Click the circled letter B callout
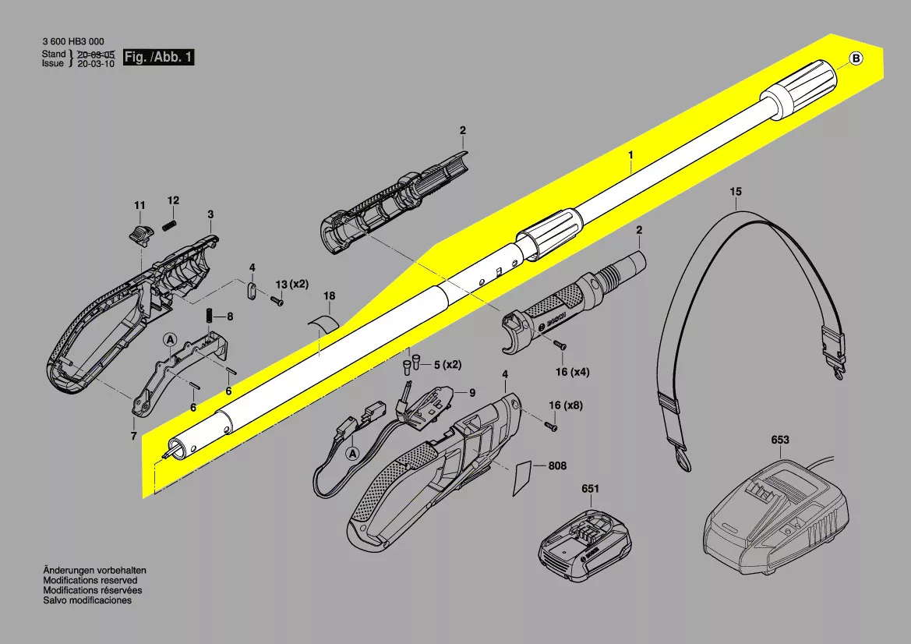[856, 58]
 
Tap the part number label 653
[780, 440]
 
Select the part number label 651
[590, 489]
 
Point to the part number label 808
[557, 465]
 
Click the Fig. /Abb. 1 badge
[159, 57]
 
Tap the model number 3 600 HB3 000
[73, 41]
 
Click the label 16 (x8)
[565, 405]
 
